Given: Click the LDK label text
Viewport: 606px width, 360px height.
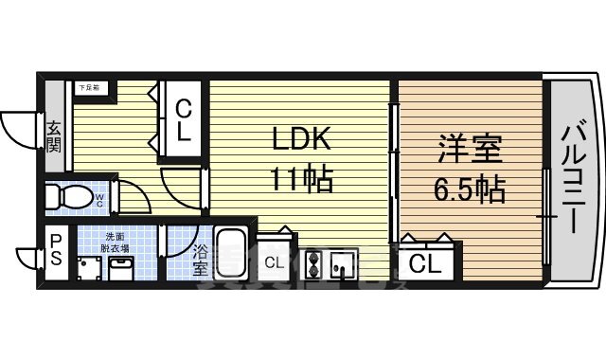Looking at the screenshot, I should click(301, 140).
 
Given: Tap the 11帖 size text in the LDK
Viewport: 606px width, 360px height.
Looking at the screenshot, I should click(301, 180).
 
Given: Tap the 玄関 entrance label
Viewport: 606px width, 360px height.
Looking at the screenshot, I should click(54, 135).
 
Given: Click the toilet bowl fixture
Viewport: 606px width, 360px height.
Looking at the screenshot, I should click(66, 198).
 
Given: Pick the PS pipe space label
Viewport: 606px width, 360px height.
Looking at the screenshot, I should click(55, 249).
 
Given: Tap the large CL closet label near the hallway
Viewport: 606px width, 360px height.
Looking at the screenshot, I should click(185, 121).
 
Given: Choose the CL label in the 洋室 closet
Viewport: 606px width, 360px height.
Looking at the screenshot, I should click(426, 263).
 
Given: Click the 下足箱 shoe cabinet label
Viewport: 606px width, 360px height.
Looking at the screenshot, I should click(89, 87).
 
